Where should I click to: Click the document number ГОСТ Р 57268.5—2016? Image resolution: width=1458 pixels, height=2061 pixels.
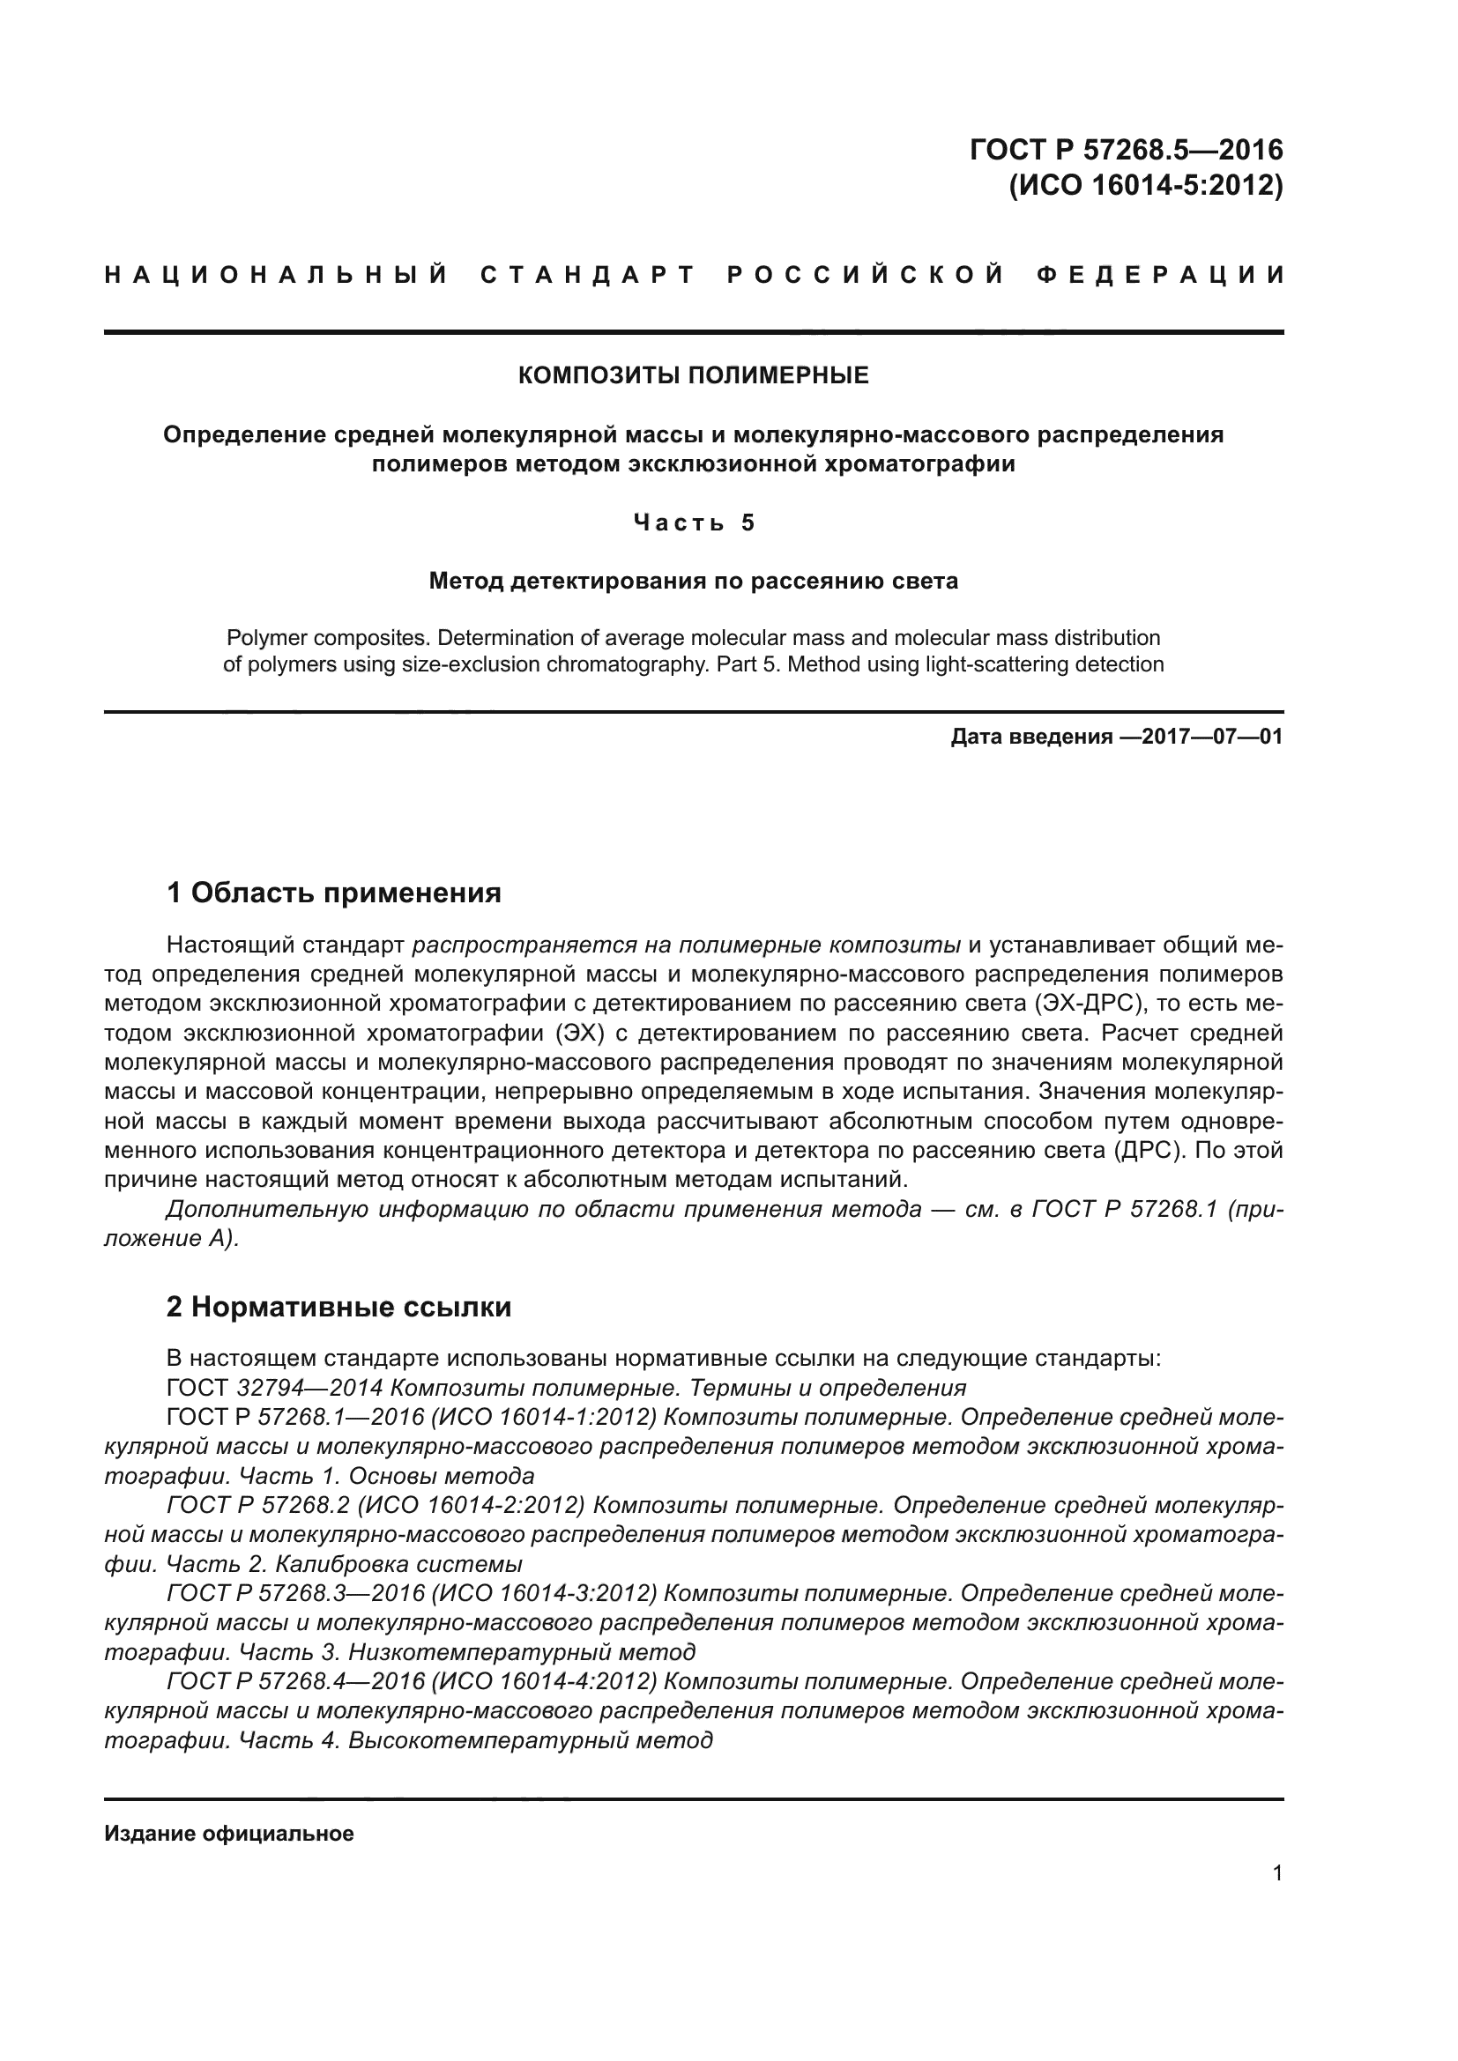1126,149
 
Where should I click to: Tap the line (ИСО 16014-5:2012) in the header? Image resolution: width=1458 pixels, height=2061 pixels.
1147,185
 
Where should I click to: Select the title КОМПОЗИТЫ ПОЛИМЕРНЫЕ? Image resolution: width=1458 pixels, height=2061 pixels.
693,375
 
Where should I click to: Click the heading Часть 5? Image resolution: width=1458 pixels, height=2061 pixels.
693,523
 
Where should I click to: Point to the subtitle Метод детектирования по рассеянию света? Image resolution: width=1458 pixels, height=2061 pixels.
693,581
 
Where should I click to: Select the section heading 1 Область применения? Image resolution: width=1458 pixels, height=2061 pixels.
333,893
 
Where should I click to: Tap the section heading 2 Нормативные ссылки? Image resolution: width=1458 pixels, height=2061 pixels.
338,1307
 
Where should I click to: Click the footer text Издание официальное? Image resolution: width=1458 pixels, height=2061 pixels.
229,1834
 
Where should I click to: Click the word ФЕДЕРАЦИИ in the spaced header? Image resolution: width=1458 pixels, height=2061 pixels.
1160,275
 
